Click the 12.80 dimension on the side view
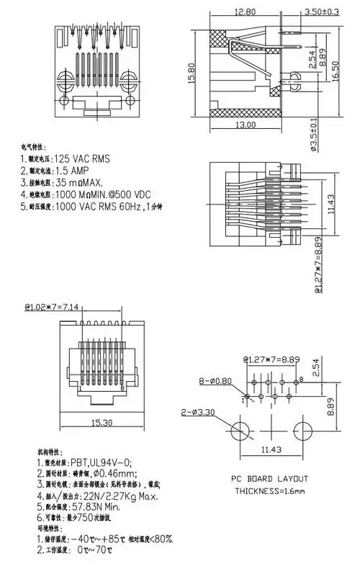[x=243, y=12]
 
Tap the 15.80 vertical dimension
[x=192, y=72]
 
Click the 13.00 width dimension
[x=246, y=125]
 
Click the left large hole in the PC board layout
[x=243, y=431]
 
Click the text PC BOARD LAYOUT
[x=269, y=479]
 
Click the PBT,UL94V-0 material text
[x=101, y=463]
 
